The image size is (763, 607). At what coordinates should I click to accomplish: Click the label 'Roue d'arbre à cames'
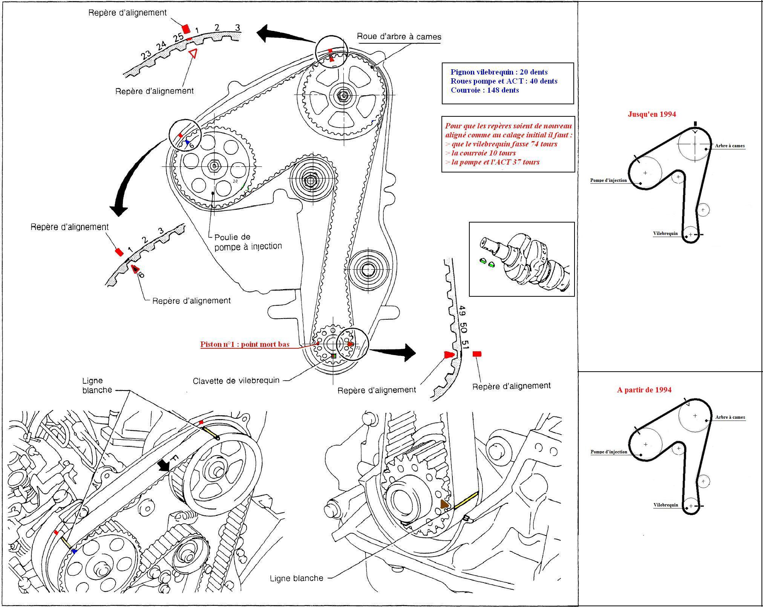pos(399,37)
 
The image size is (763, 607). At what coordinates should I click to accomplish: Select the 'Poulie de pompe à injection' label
pos(248,241)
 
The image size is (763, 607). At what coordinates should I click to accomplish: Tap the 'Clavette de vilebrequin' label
pos(236,381)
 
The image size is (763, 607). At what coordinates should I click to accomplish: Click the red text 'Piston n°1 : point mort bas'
pos(245,344)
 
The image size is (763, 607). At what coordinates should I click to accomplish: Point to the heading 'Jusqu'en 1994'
pos(652,114)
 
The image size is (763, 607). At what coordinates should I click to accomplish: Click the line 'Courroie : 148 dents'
pos(484,90)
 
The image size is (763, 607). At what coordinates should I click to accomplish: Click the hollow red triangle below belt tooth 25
pos(193,53)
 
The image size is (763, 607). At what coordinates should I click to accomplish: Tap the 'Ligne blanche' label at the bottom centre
pos(296,578)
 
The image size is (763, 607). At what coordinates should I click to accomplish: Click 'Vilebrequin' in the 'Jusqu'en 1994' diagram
pos(665,233)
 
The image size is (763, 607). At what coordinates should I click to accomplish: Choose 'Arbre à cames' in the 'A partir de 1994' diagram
pos(730,417)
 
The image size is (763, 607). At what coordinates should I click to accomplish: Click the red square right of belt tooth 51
pos(477,354)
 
